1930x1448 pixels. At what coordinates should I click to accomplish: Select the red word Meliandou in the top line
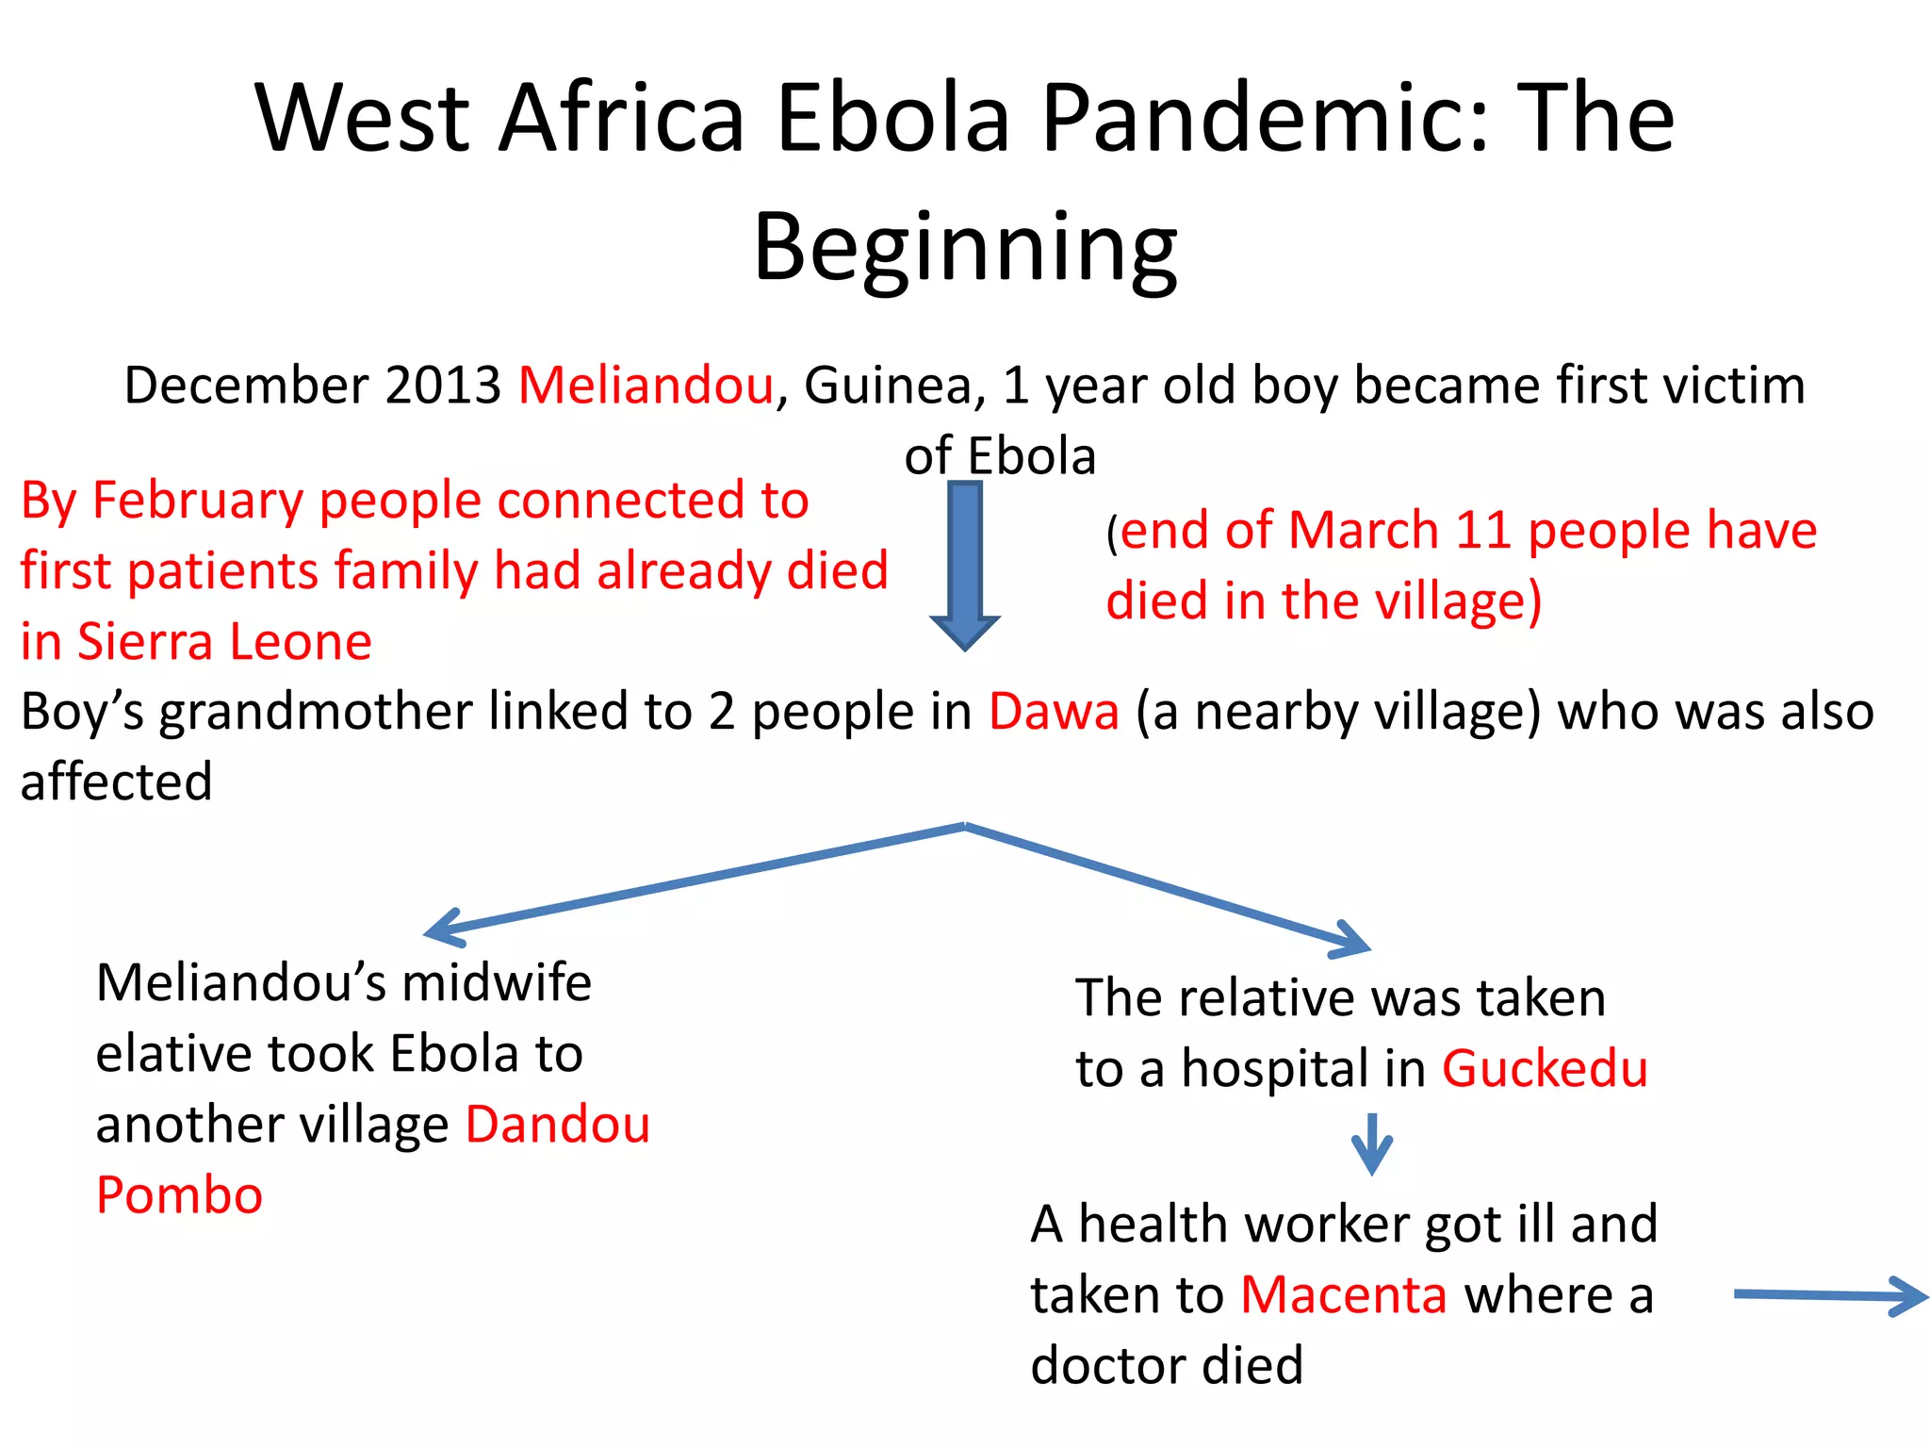pyautogui.click(x=646, y=386)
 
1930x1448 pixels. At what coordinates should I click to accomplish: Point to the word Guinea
pyautogui.click(x=889, y=386)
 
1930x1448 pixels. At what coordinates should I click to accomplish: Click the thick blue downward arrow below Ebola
pyautogui.click(x=965, y=566)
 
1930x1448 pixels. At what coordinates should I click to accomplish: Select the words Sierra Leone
pyautogui.click(x=224, y=642)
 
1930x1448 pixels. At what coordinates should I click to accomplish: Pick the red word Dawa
pyautogui.click(x=1054, y=712)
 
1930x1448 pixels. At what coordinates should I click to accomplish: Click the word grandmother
pyautogui.click(x=315, y=712)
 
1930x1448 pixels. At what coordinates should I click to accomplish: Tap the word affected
pyautogui.click(x=117, y=782)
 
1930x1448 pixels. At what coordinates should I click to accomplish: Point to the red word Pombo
pyautogui.click(x=179, y=1195)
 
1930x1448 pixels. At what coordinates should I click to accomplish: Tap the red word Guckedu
pyautogui.click(x=1545, y=1069)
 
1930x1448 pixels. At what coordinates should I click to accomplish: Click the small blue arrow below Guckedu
pyautogui.click(x=1372, y=1144)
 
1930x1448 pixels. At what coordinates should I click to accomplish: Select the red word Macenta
pyautogui.click(x=1343, y=1295)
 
